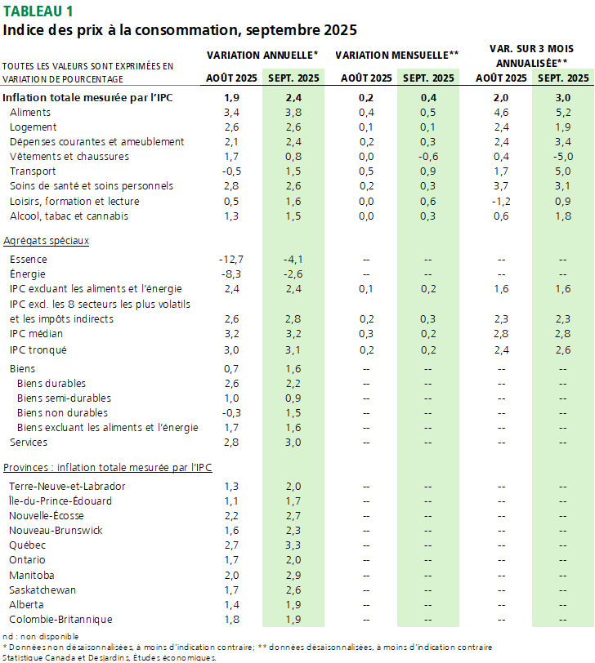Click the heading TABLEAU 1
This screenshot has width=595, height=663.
click(38, 11)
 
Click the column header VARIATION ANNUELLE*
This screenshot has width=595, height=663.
click(262, 54)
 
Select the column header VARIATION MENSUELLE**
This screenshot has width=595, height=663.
click(396, 54)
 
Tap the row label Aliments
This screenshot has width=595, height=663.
click(29, 112)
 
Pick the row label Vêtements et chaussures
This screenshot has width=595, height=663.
click(69, 156)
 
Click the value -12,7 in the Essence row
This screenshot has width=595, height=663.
click(231, 259)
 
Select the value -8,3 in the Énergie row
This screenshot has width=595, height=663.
click(231, 274)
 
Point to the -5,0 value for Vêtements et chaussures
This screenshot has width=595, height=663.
click(562, 156)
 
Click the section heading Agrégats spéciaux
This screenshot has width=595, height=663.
click(46, 241)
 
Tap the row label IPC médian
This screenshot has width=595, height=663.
click(38, 333)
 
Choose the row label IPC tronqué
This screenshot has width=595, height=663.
click(38, 349)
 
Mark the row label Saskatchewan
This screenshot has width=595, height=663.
click(42, 590)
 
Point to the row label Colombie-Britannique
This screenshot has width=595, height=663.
click(60, 619)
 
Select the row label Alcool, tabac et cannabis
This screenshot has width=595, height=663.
click(69, 216)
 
